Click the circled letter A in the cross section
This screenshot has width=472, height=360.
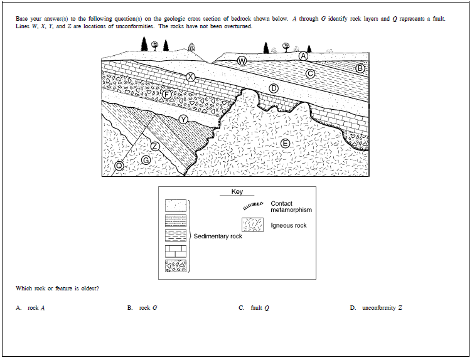click(x=303, y=56)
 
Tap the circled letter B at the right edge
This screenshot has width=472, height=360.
click(x=360, y=68)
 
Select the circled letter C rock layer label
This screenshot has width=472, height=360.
click(x=309, y=73)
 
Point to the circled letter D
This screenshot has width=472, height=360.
click(x=273, y=88)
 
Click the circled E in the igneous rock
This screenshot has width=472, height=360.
click(x=285, y=144)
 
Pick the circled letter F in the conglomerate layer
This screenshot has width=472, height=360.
click(x=167, y=94)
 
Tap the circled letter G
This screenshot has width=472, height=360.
click(x=146, y=161)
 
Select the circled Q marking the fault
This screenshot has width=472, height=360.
click(x=119, y=166)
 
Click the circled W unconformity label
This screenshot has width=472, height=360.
click(x=241, y=61)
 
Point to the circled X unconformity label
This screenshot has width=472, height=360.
click(x=191, y=77)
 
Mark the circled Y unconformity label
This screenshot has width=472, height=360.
click(x=183, y=119)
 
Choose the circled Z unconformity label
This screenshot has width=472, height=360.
click(x=155, y=146)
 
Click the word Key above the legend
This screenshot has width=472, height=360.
click(x=237, y=192)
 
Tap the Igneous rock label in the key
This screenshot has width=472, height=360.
click(x=289, y=225)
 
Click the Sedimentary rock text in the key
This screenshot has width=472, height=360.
click(x=218, y=236)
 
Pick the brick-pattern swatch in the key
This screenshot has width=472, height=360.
click(x=175, y=251)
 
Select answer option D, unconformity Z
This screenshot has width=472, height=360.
click(x=376, y=308)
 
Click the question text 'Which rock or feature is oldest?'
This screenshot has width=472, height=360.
click(x=57, y=289)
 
